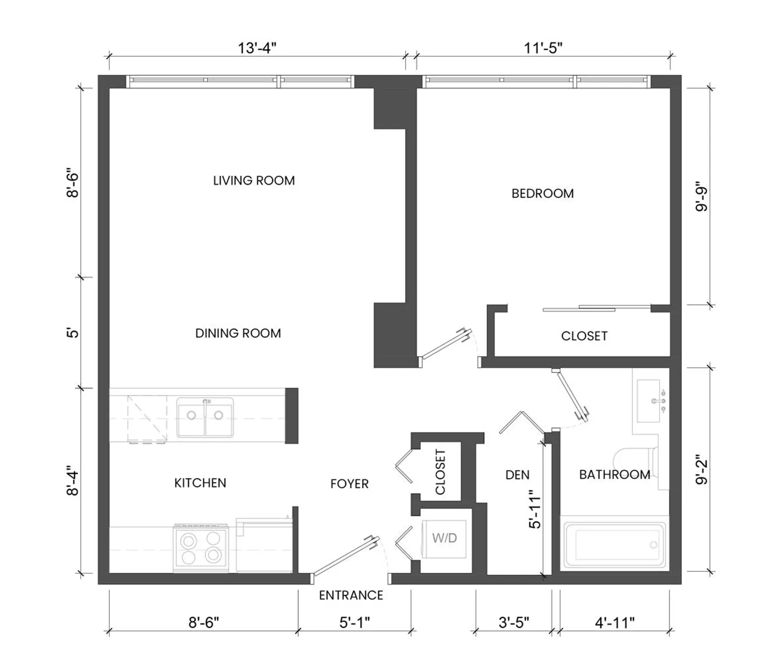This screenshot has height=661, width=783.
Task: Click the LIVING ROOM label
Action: [254, 181]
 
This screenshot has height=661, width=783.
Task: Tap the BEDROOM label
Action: [542, 193]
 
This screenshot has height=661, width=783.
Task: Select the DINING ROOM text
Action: [238, 333]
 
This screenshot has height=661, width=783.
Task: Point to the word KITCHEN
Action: [200, 483]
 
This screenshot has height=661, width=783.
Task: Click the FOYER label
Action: [349, 484]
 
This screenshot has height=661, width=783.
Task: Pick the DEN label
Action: [518, 475]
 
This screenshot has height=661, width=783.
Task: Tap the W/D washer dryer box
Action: [444, 539]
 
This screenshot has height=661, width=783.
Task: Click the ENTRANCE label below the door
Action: [351, 595]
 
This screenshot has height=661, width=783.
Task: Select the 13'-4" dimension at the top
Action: [257, 48]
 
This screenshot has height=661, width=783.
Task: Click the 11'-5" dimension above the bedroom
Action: [543, 48]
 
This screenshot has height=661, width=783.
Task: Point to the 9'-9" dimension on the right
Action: [701, 196]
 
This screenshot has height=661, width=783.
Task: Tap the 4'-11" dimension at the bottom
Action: [615, 623]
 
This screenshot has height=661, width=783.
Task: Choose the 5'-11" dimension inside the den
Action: [535, 509]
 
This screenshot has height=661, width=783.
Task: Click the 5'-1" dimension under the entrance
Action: [354, 623]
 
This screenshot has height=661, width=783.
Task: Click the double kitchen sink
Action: [205, 417]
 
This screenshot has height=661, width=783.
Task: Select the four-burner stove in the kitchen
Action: [201, 548]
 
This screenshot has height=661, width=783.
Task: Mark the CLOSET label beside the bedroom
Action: [584, 336]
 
